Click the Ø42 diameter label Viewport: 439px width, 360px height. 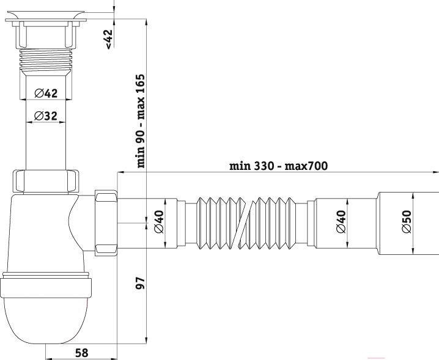click(46, 94)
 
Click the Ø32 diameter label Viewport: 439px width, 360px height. click(46, 116)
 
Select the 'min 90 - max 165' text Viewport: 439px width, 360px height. click(141, 120)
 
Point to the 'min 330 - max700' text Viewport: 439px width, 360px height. click(278, 166)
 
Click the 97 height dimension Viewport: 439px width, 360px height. click(140, 283)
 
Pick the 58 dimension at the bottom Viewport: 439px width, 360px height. click(82, 353)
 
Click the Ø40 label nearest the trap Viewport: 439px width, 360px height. click(159, 221)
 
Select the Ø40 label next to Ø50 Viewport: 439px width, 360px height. click(341, 221)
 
